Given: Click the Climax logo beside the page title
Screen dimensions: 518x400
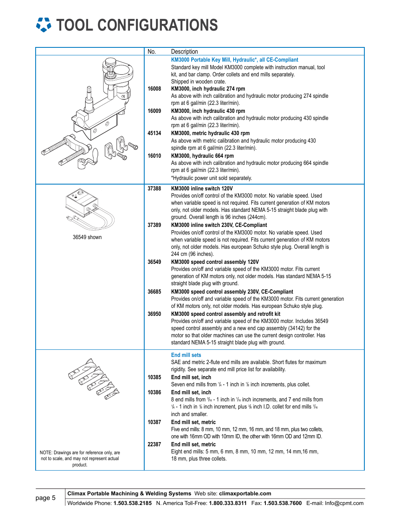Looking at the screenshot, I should (x=44, y=25).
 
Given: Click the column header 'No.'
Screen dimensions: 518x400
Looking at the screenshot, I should (x=152, y=52).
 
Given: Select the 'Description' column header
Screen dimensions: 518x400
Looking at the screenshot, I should (x=184, y=52).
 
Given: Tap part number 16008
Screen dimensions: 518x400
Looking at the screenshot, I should (x=154, y=89).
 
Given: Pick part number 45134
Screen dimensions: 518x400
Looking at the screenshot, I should (x=154, y=133).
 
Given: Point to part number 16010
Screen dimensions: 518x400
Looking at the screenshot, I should (x=154, y=156).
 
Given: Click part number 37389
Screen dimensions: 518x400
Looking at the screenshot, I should (x=154, y=225).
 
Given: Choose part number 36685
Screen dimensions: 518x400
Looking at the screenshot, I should (x=154, y=292).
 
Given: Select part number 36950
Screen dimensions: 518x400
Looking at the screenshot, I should (x=154, y=314).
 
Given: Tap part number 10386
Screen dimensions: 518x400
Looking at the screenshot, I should (x=154, y=393).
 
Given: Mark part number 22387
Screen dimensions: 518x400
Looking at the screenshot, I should (x=154, y=445).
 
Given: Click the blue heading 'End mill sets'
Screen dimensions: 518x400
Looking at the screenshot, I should (x=186, y=355).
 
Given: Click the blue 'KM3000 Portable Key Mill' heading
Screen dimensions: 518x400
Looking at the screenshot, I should (x=234, y=60).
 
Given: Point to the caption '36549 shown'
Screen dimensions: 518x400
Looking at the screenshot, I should (x=87, y=237).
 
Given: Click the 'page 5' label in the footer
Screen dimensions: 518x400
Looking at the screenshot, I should (x=45, y=498).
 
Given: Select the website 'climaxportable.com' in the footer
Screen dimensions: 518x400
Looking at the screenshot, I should (x=245, y=494).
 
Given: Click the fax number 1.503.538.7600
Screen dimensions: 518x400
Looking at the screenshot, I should (x=282, y=503).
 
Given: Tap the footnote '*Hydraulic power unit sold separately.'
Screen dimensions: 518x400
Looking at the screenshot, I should (x=211, y=178).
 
